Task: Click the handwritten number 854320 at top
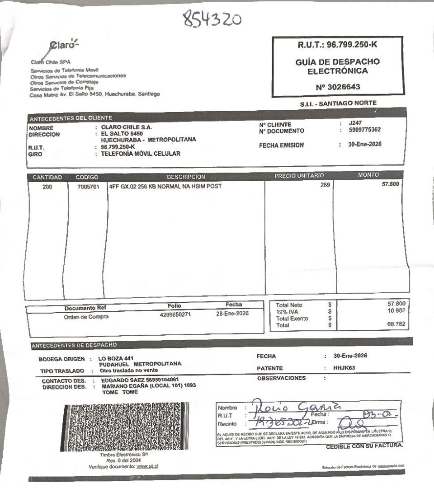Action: point(212,19)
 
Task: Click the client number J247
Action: point(355,123)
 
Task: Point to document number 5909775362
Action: point(365,130)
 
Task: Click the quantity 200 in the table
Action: point(47,186)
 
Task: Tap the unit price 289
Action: point(325,185)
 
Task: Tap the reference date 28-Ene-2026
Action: point(233,313)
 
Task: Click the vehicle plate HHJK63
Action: point(344,368)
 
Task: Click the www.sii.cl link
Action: point(150,466)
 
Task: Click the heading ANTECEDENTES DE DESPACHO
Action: point(74,346)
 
